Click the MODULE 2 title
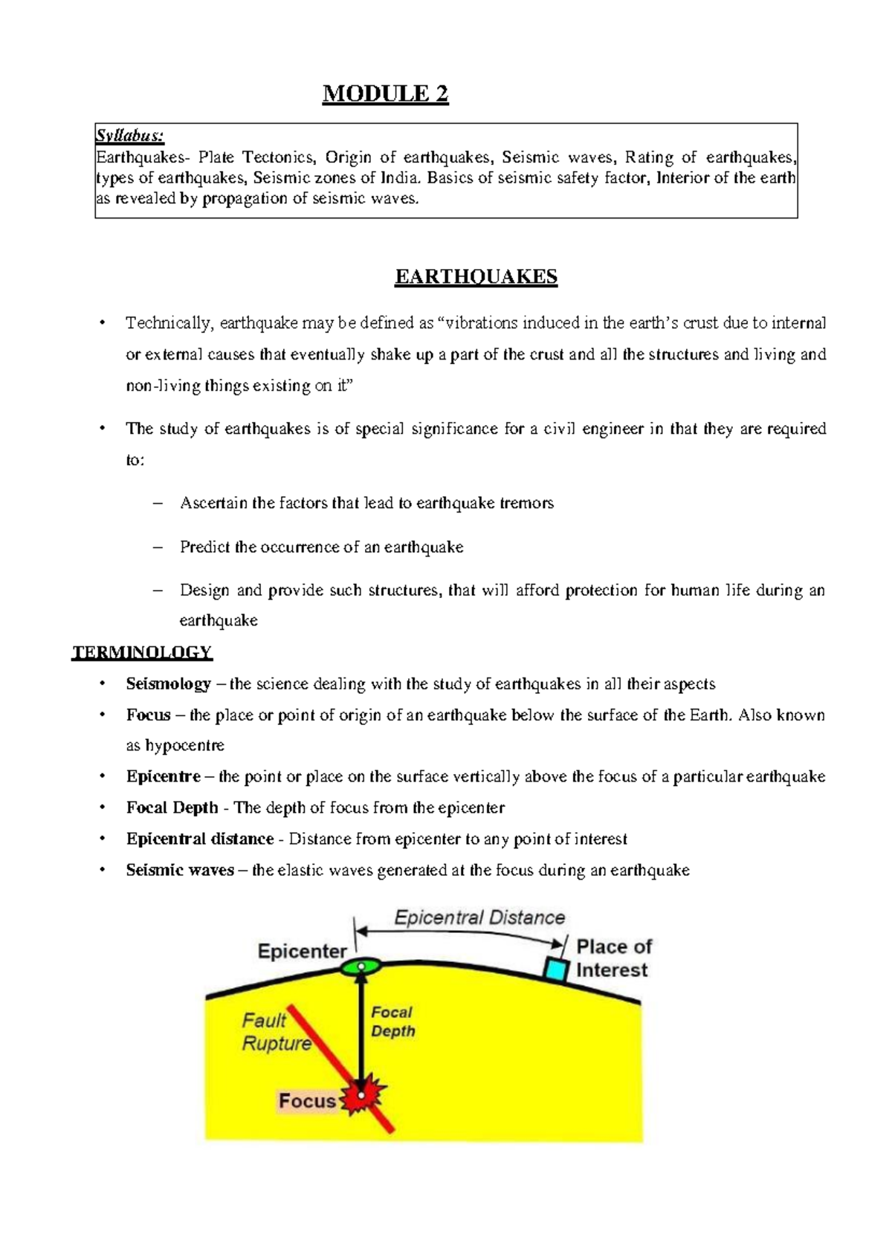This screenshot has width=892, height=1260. (x=385, y=94)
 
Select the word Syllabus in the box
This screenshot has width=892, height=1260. (x=129, y=136)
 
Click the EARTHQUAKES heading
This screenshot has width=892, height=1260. (x=476, y=277)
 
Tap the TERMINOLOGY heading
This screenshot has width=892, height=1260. (x=142, y=652)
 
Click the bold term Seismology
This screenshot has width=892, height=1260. (x=168, y=683)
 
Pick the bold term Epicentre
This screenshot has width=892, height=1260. (x=163, y=776)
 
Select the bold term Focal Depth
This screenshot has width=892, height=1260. (x=172, y=808)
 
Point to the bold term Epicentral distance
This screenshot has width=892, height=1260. (x=199, y=839)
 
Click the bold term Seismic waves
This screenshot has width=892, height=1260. (x=179, y=870)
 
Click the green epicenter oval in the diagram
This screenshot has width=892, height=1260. (x=361, y=967)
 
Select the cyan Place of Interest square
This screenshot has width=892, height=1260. (x=555, y=970)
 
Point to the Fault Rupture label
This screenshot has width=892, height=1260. (x=275, y=1032)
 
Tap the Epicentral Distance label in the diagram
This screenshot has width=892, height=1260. (x=479, y=918)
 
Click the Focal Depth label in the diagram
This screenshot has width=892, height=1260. (x=392, y=1022)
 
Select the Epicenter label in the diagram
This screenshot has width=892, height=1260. (x=302, y=951)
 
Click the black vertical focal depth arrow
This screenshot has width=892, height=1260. (x=361, y=1033)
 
